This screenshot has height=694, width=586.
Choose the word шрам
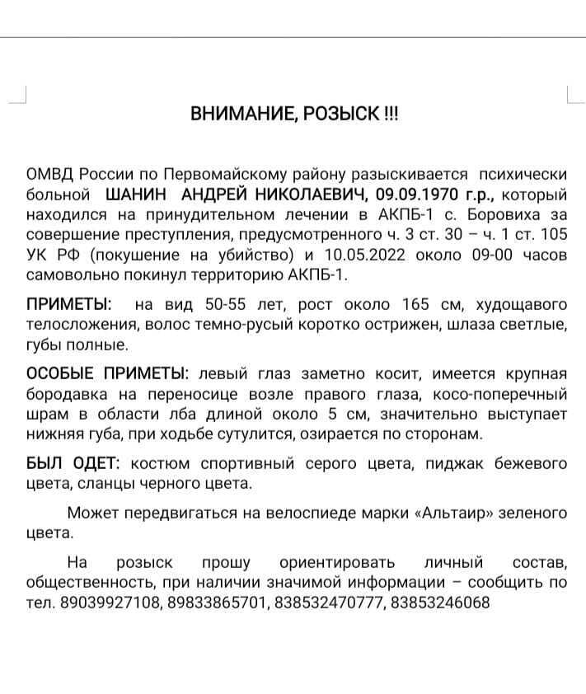44,413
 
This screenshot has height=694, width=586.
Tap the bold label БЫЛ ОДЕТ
73,464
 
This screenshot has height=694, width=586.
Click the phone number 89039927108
110,603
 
